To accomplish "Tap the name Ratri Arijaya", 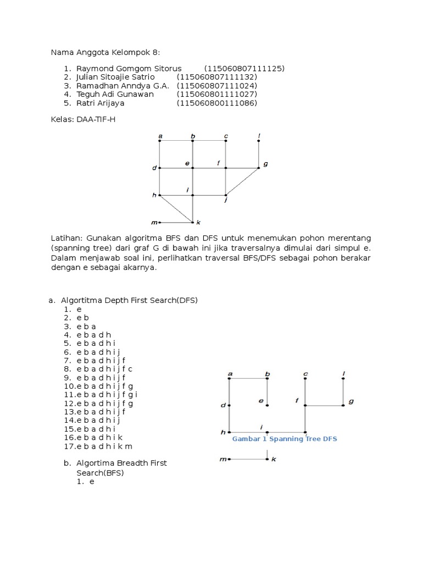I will coord(101,103).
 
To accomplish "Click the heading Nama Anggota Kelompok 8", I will coord(105,52).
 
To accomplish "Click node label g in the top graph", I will coord(265,164).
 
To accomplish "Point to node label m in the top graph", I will coord(154,223).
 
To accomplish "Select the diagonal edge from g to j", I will coord(242,181).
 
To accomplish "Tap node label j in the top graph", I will coord(226,201).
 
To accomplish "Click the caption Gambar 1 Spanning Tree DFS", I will coord(285,439).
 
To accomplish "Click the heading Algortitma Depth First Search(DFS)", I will coord(129,300).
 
